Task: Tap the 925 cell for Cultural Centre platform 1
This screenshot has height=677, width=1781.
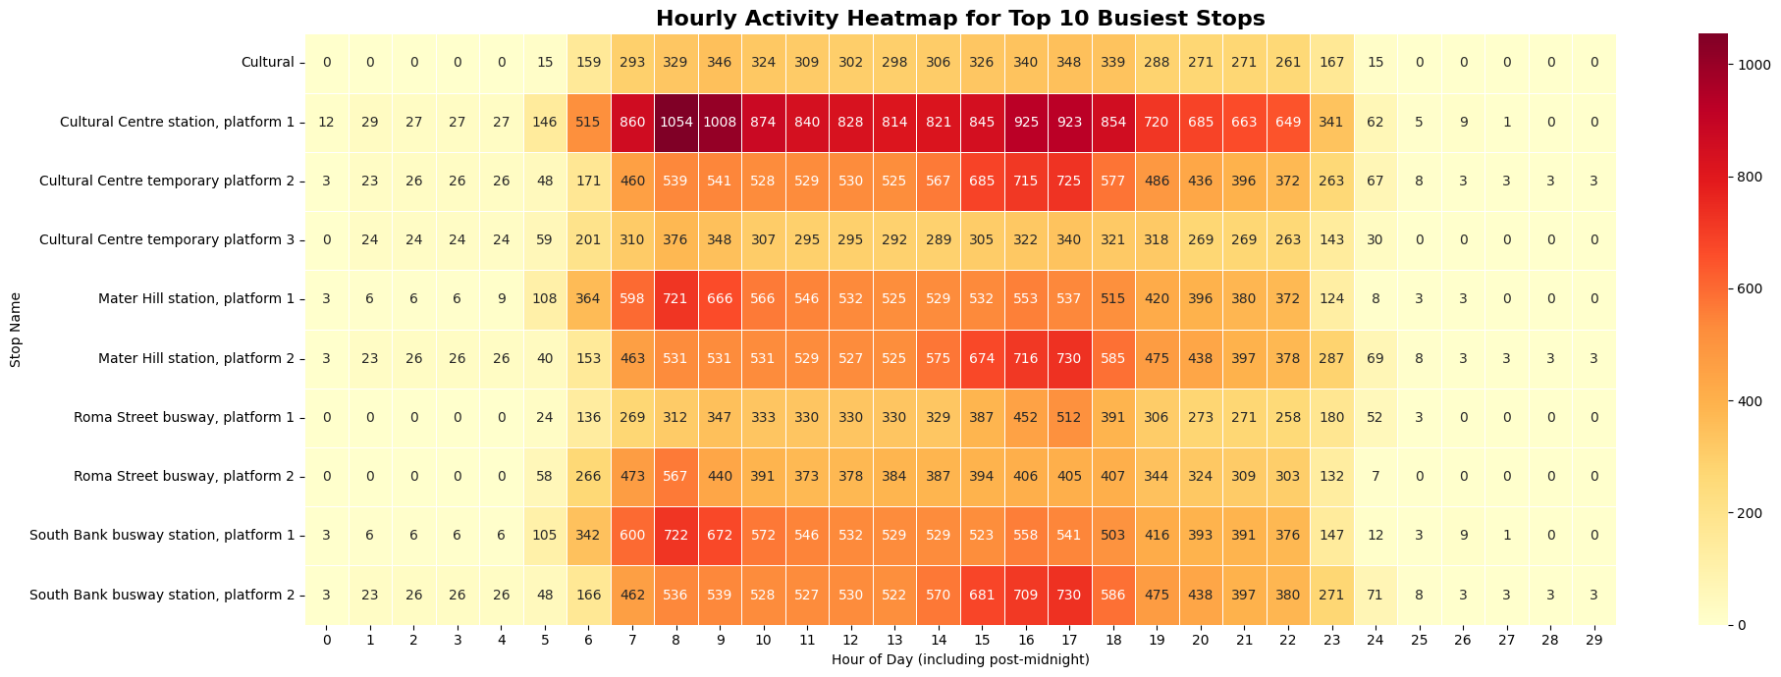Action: click(x=1026, y=122)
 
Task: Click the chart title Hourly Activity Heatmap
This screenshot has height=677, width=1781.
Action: click(x=959, y=18)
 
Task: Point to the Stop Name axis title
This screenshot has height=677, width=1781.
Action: click(x=15, y=329)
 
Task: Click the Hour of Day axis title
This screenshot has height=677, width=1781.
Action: click(x=959, y=659)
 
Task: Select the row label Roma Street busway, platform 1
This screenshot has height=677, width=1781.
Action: click(x=184, y=417)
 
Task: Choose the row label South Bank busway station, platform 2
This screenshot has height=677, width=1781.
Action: click(x=162, y=595)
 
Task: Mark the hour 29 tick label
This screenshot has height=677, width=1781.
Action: click(x=1593, y=639)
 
